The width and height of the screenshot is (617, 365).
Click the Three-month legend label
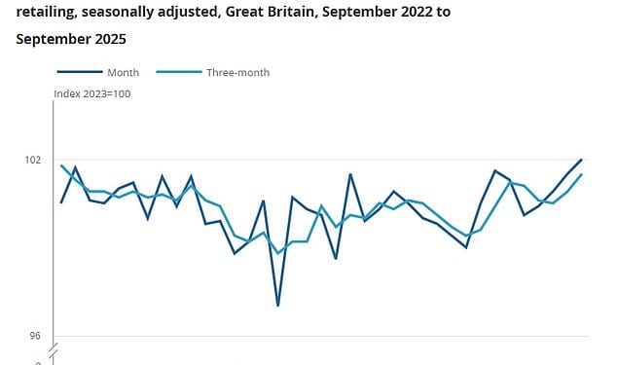tap(237, 72)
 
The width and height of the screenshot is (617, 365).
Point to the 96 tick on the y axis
tap(35, 337)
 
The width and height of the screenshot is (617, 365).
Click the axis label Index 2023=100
tap(91, 93)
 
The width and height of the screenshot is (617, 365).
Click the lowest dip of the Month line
tap(278, 306)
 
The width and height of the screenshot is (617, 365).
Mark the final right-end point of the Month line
tap(581, 159)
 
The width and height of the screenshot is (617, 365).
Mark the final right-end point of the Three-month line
tap(581, 174)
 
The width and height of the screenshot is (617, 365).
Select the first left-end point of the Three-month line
tap(61, 165)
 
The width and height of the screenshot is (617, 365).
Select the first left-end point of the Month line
tap(61, 202)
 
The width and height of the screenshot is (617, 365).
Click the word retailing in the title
tap(49, 13)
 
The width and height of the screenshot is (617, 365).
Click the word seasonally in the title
tap(127, 13)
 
